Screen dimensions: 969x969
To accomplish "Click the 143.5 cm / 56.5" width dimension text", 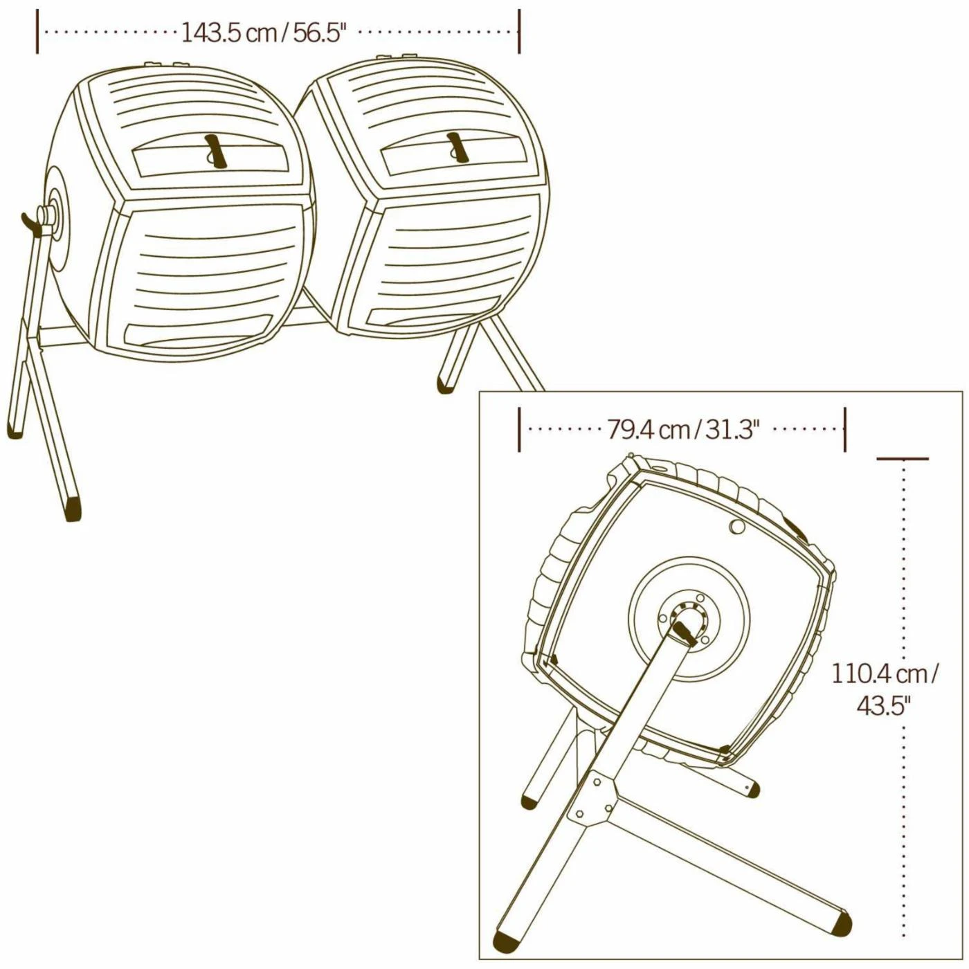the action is (x=264, y=33).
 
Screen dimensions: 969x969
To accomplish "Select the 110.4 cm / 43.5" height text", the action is (x=883, y=690).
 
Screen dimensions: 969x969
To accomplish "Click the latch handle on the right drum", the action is (x=458, y=148).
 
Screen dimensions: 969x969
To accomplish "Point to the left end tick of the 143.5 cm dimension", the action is (x=37, y=31).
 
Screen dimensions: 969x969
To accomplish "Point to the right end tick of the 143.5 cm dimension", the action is (x=519, y=31).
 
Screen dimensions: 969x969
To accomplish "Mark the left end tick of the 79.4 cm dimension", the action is (x=519, y=429).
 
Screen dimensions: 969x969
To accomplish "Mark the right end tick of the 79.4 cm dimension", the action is (x=845, y=429).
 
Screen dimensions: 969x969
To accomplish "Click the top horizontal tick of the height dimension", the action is (x=903, y=459).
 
